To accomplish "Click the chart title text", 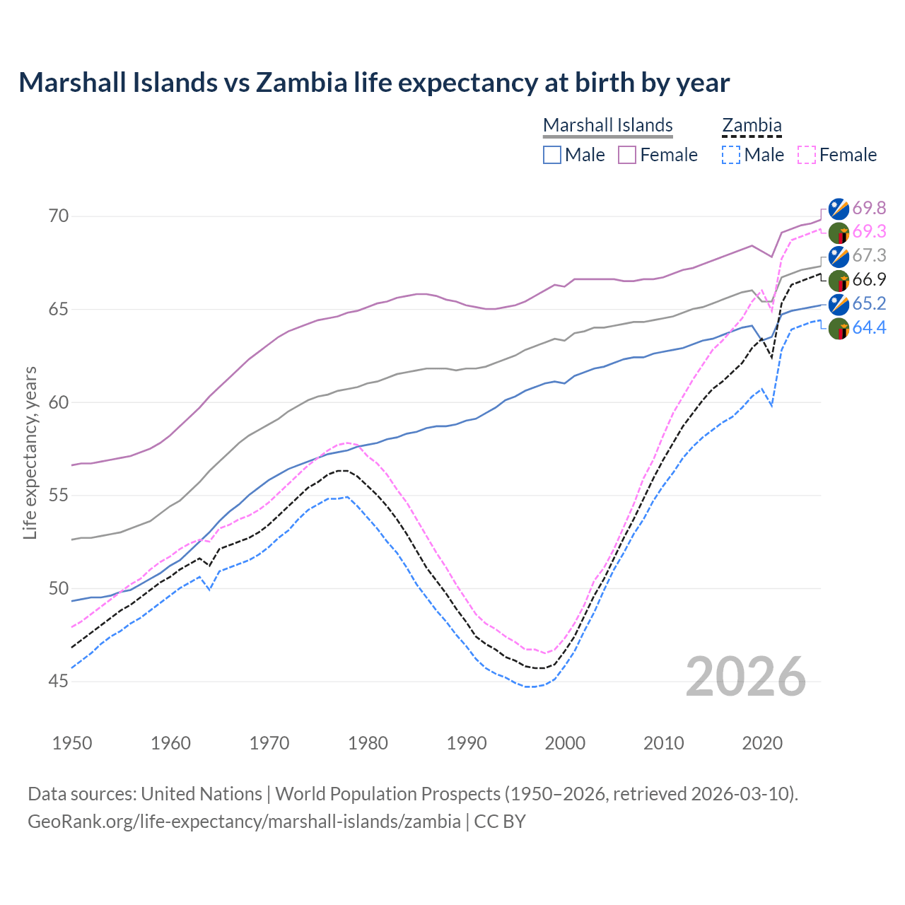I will [374, 83].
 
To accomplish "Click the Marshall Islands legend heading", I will [607, 125].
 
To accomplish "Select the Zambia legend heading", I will [752, 125].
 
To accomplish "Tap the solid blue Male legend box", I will [552, 155].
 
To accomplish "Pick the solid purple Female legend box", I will [627, 155].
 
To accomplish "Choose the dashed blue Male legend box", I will [731, 155].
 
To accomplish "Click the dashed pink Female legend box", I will [807, 155].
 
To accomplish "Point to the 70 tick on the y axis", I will [59, 216].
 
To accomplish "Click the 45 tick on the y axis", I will [59, 682].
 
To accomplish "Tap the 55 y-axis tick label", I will [59, 495].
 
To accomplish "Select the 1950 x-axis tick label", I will [72, 743].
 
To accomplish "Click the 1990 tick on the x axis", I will [467, 743].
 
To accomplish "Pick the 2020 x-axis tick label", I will [762, 743].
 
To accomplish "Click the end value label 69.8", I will [869, 208].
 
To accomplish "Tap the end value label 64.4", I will [869, 327].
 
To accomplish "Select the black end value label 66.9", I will [869, 279].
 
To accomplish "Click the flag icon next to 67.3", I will [839, 256].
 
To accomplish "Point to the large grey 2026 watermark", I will [745, 677].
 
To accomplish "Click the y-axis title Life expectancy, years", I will [30, 452].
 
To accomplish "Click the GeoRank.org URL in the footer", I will [244, 822].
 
